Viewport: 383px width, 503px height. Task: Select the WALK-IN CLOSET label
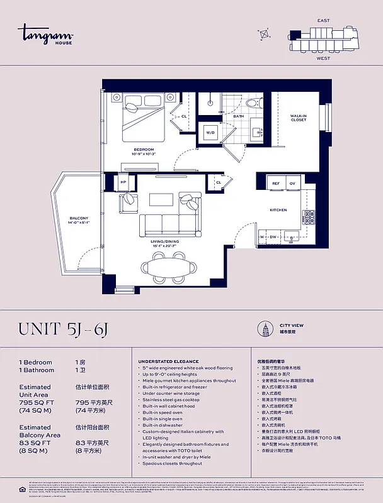299,118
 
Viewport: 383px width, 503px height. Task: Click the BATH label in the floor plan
239,116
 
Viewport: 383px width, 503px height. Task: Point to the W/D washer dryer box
210,133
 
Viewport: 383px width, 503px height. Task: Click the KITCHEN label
278,210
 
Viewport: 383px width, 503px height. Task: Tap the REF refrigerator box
276,183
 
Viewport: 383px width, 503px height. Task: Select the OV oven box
292,183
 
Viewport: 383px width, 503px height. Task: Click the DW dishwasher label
273,237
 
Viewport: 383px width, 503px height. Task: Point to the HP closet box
123,182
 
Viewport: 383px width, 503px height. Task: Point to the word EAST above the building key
323,21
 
